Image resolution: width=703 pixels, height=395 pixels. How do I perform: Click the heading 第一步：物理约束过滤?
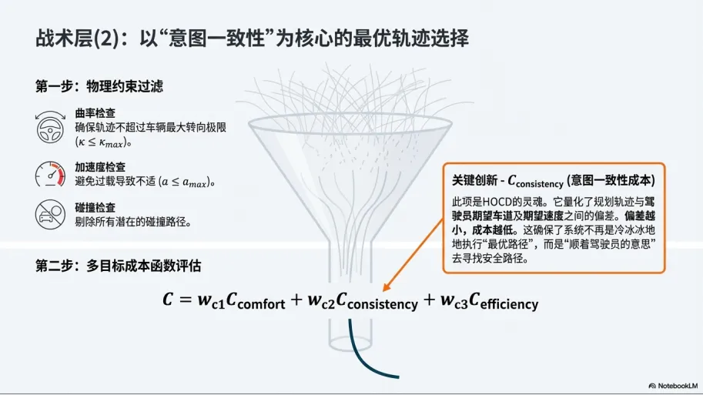pos(99,86)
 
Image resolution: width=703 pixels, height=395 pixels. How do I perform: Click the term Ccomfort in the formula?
pos(256,301)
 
